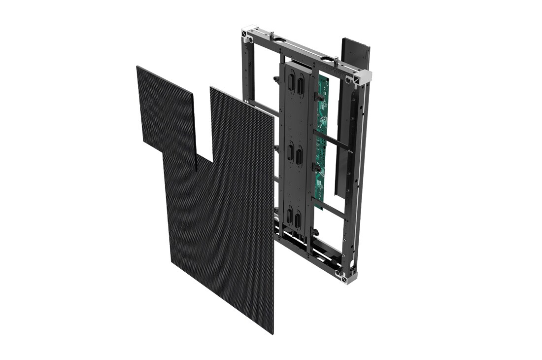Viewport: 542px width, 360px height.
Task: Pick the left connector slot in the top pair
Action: [x=291, y=81]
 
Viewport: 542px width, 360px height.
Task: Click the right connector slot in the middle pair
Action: [x=299, y=157]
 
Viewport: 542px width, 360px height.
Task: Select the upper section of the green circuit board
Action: [x=323, y=99]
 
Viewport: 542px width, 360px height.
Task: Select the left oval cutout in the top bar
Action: [x=280, y=40]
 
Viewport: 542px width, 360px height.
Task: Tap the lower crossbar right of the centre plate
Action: [x=330, y=208]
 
